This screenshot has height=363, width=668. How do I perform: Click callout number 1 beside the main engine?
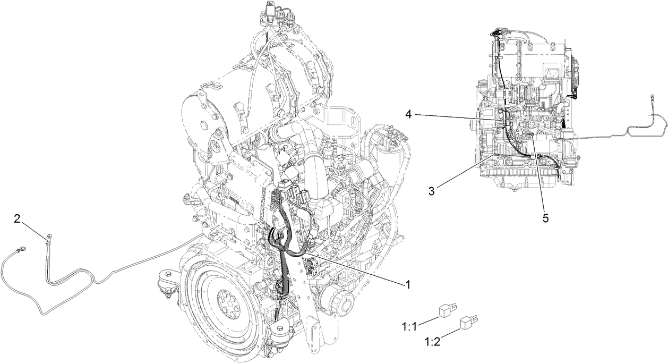(x=407, y=285)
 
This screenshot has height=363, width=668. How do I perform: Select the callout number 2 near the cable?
(x=17, y=218)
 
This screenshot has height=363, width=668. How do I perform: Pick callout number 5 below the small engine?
(x=546, y=217)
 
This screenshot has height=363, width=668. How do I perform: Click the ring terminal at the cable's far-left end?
(x=22, y=247)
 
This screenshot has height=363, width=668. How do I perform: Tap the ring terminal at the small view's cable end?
(x=650, y=98)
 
